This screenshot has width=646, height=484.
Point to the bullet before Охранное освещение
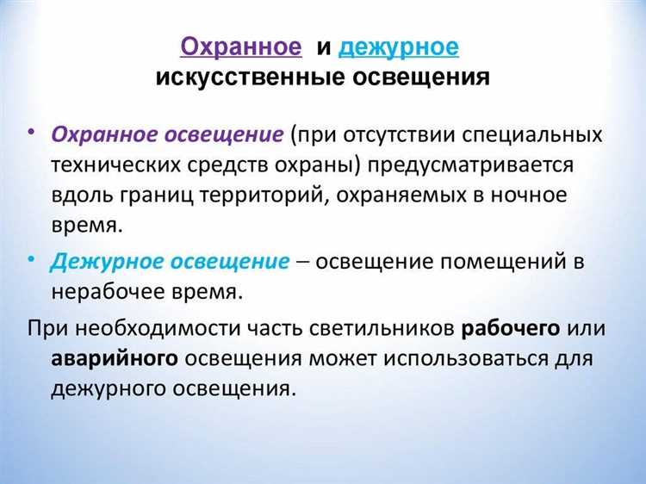pos(31,133)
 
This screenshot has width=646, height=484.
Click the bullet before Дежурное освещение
pos(31,257)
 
